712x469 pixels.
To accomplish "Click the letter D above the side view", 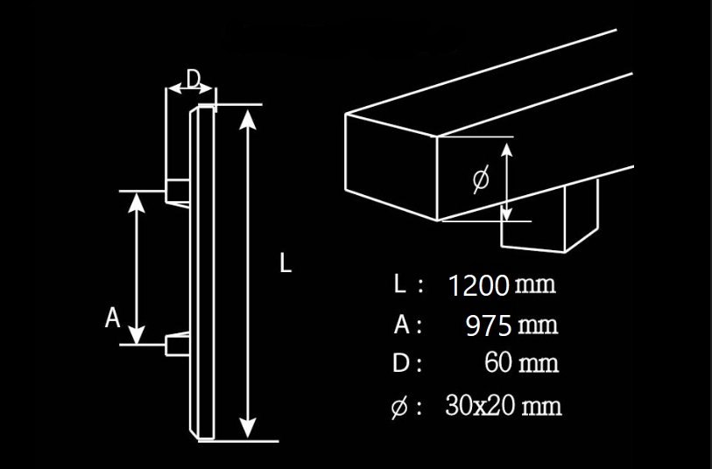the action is [194, 79].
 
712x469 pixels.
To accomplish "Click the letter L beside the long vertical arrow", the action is [286, 262].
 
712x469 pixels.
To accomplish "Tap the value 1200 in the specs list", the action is [478, 286].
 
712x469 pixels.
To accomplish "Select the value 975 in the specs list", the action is [489, 325].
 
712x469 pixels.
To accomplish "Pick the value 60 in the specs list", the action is [498, 362].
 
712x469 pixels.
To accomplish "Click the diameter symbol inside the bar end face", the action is [481, 179].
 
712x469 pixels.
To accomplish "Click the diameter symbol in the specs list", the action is [398, 407].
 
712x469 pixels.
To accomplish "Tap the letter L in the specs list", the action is [399, 284].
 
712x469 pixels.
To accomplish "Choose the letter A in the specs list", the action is [402, 325].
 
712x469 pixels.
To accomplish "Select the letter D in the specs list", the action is [401, 363].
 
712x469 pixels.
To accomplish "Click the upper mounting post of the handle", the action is [177, 192].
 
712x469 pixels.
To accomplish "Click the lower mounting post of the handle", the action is [178, 344].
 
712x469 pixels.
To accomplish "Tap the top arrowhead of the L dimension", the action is [247, 120].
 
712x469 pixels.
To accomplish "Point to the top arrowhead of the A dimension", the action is [137, 202].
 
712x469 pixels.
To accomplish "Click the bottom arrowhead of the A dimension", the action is [137, 334].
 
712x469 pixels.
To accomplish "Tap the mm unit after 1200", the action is [536, 285].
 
